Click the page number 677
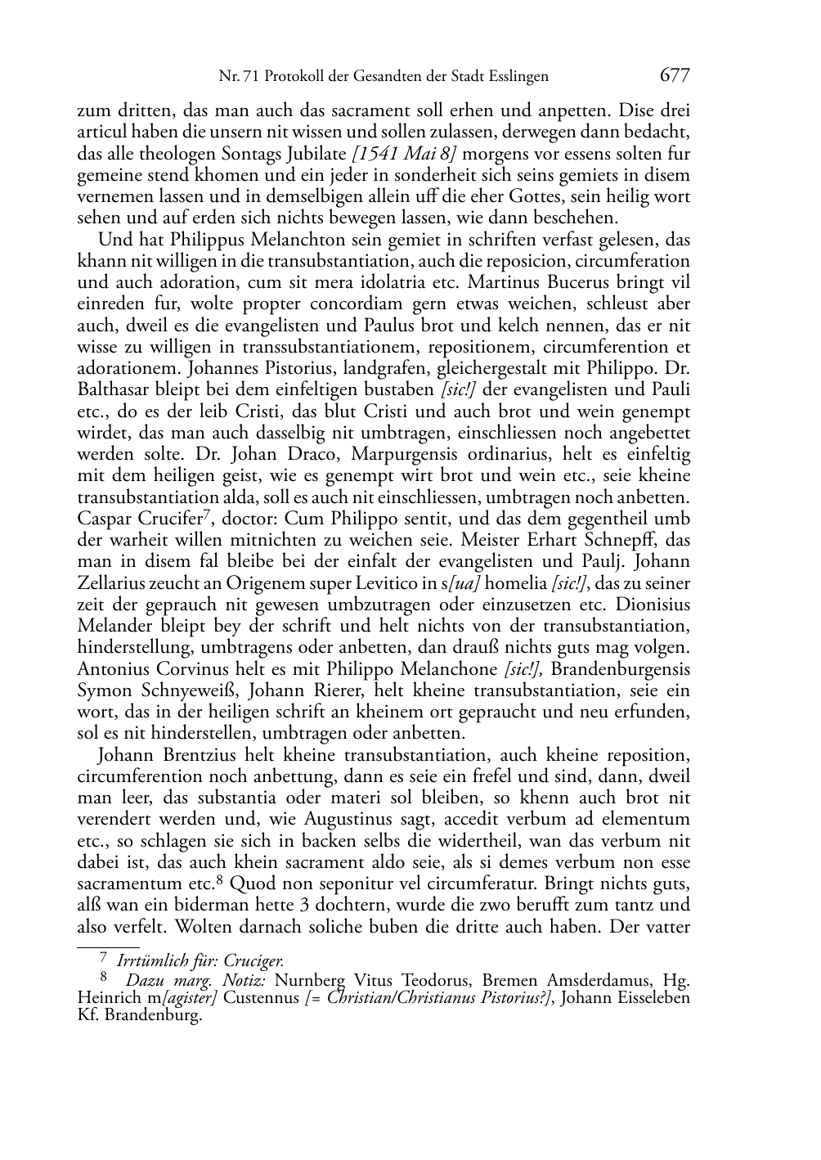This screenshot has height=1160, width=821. tap(674, 76)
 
